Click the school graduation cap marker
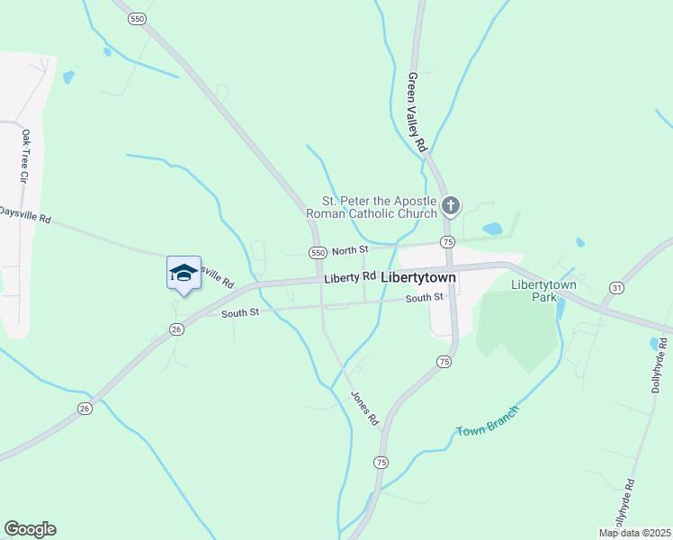[x=184, y=273]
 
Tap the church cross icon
[x=451, y=207]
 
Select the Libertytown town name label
[x=418, y=278]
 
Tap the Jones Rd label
[x=364, y=408]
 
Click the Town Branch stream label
[x=487, y=421]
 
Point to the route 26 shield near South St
[x=176, y=328]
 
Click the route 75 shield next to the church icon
[x=446, y=242]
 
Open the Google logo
[x=30, y=529]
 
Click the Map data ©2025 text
[x=633, y=533]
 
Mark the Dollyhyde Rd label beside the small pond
[x=662, y=365]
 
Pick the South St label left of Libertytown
[x=241, y=312]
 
